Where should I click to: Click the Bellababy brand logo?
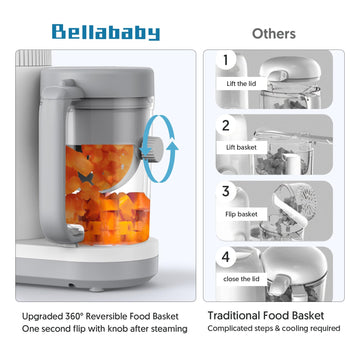[106, 32]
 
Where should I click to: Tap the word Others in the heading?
[273, 33]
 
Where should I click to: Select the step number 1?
[226, 62]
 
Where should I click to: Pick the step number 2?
[226, 127]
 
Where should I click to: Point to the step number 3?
[226, 190]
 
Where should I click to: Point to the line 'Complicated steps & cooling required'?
[274, 329]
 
